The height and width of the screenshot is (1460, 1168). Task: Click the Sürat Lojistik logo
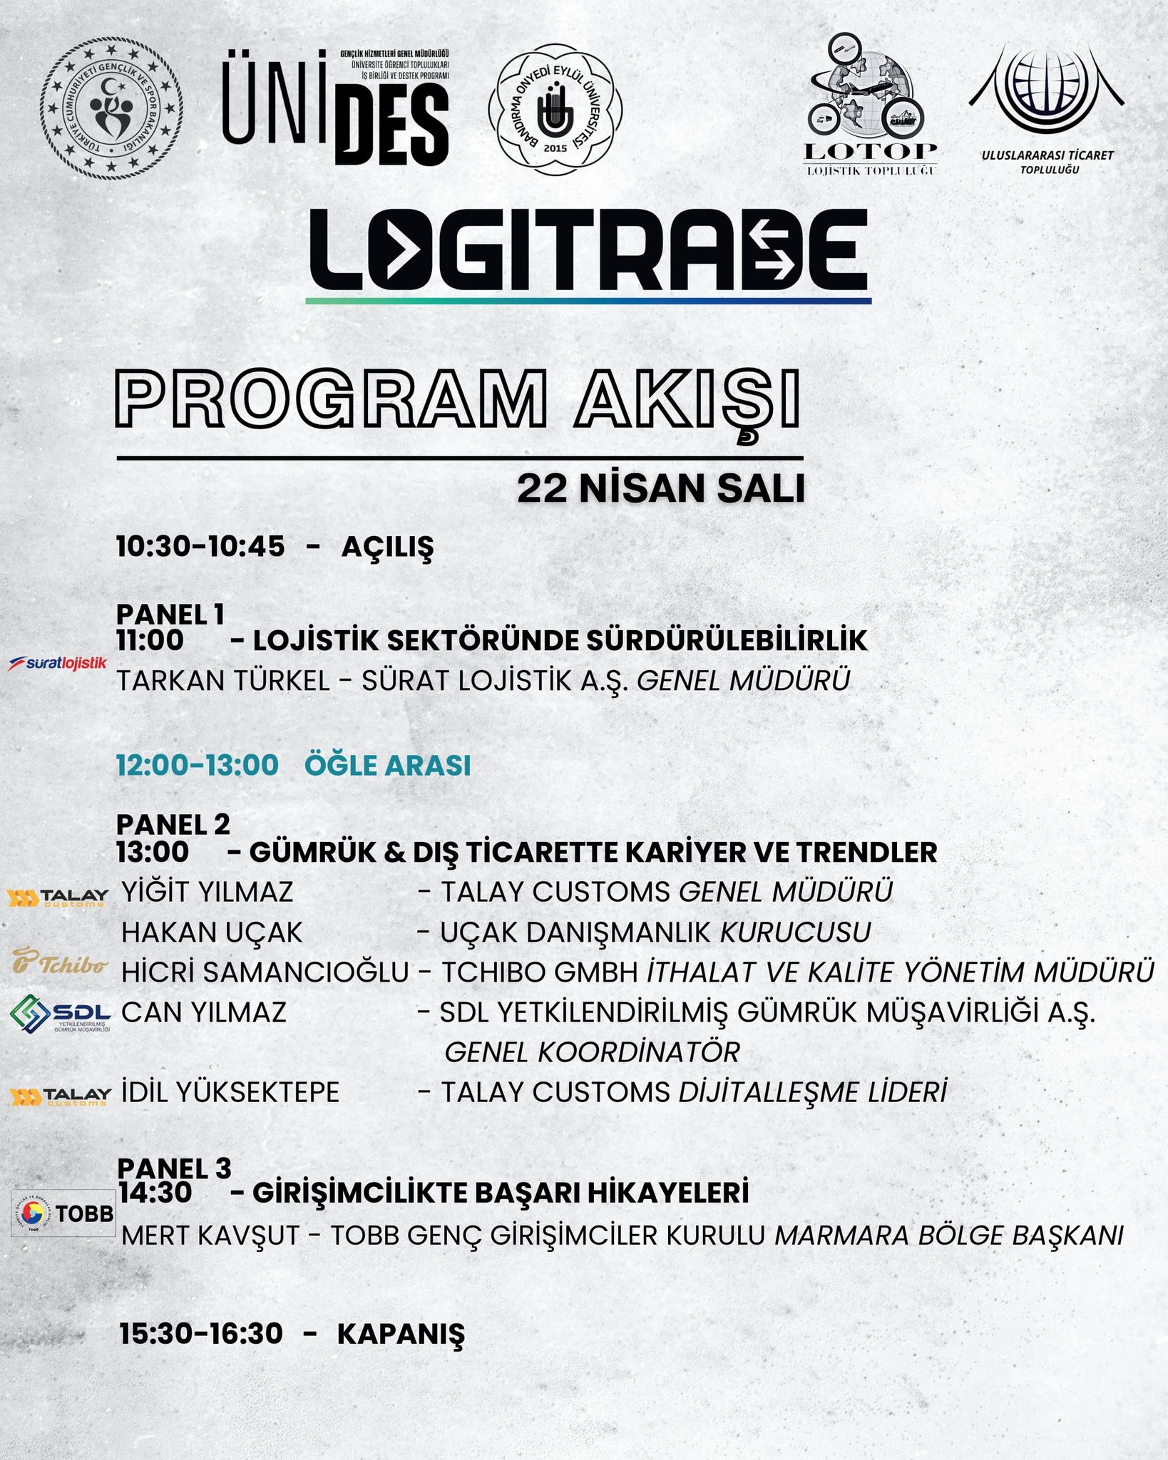pyautogui.click(x=57, y=663)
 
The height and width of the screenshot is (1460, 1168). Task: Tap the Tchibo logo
pyautogui.click(x=60, y=962)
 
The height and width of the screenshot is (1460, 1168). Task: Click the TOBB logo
pyautogui.click(x=63, y=1213)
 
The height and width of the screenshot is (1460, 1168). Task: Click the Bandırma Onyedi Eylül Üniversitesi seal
pyautogui.click(x=555, y=110)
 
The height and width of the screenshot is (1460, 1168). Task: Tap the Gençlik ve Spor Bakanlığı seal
pyautogui.click(x=111, y=108)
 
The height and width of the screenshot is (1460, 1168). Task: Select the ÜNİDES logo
pyautogui.click(x=335, y=107)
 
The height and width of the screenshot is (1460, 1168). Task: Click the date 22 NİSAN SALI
pyautogui.click(x=660, y=489)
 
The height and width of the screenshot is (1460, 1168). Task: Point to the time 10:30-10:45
pyautogui.click(x=200, y=547)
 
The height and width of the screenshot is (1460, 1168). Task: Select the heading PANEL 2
pyautogui.click(x=173, y=825)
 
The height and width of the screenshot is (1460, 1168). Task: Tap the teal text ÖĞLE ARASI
pyautogui.click(x=387, y=766)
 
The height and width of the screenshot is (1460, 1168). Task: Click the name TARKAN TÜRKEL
pyautogui.click(x=223, y=681)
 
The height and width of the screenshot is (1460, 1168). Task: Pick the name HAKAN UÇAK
pyautogui.click(x=212, y=932)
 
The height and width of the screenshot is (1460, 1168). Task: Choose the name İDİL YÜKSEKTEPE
pyautogui.click(x=230, y=1092)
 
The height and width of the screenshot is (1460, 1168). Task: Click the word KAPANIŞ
pyautogui.click(x=400, y=1335)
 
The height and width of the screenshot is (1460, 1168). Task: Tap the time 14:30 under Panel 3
pyautogui.click(x=155, y=1193)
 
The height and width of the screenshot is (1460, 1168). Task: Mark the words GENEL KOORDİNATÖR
pyautogui.click(x=592, y=1052)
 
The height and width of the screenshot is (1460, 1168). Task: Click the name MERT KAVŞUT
pyautogui.click(x=210, y=1235)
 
